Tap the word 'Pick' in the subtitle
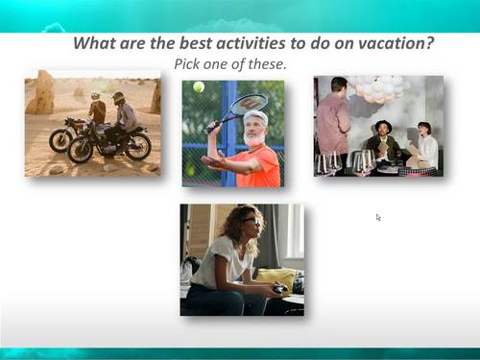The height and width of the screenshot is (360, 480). [x=188, y=64]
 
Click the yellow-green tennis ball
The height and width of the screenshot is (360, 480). [x=199, y=86]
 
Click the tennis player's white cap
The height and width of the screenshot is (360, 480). [x=256, y=116]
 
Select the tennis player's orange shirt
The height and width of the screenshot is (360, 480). [x=259, y=164]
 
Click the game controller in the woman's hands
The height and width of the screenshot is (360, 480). [x=277, y=288]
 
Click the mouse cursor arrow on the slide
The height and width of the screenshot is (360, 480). [x=378, y=217]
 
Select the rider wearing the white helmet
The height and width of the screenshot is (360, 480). [x=97, y=109]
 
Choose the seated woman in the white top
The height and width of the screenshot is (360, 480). [x=423, y=146]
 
